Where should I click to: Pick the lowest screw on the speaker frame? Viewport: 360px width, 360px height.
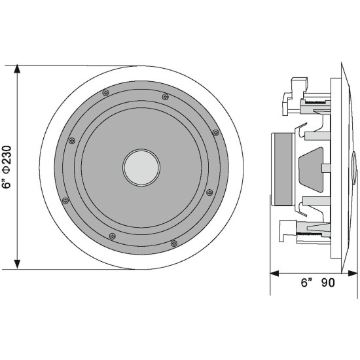173,243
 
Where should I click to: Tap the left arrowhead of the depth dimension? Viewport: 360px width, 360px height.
274,273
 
